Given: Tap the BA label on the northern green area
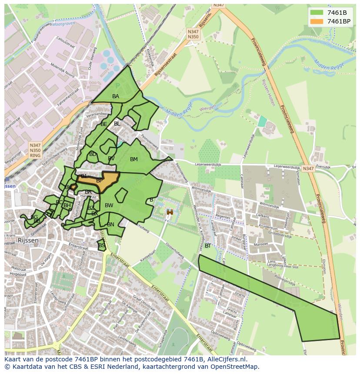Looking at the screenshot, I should (116, 96).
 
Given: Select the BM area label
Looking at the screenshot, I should (134, 159).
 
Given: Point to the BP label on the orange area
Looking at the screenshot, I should (100, 181).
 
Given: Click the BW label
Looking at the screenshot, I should (109, 205).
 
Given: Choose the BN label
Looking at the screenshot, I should (110, 225).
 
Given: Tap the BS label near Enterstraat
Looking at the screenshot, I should (102, 245).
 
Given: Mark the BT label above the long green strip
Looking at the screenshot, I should (208, 246).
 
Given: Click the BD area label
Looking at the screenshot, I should (93, 154).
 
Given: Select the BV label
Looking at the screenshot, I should (111, 159).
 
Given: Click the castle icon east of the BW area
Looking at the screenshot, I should (170, 212).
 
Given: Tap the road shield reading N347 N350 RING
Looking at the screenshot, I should (35, 150).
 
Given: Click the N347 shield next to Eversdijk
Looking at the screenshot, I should (308, 169).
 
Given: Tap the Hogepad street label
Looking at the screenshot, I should (18, 275).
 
